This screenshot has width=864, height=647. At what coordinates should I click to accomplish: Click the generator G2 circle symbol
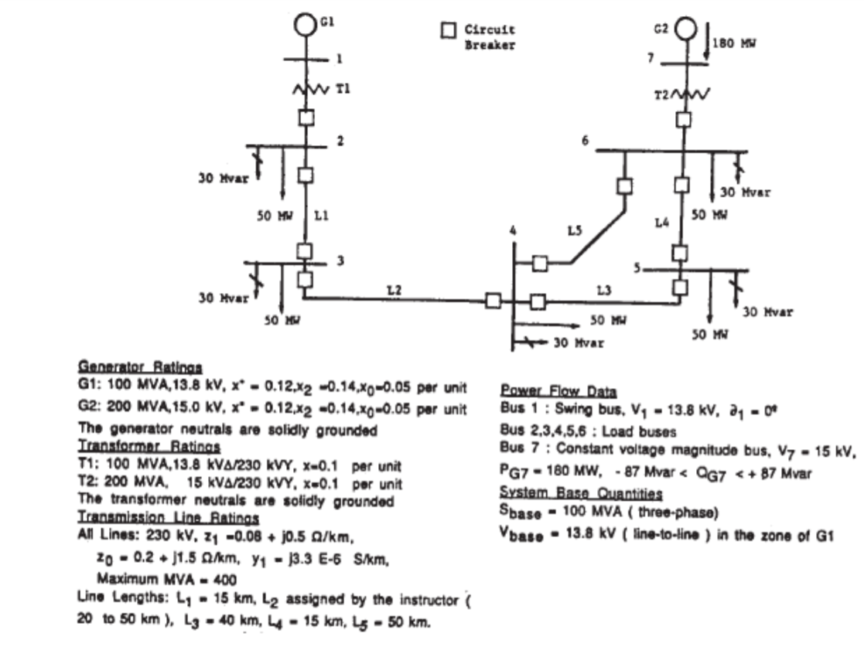[685, 31]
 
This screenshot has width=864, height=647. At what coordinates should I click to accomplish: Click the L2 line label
[394, 289]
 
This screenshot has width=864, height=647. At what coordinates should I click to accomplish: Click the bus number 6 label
[585, 139]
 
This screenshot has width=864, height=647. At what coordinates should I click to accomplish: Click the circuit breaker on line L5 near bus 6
[624, 186]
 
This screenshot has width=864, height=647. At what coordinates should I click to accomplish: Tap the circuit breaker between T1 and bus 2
[306, 117]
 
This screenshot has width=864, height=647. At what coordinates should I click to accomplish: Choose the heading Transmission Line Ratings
[169, 518]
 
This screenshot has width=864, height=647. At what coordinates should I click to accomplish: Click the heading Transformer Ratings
[149, 447]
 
